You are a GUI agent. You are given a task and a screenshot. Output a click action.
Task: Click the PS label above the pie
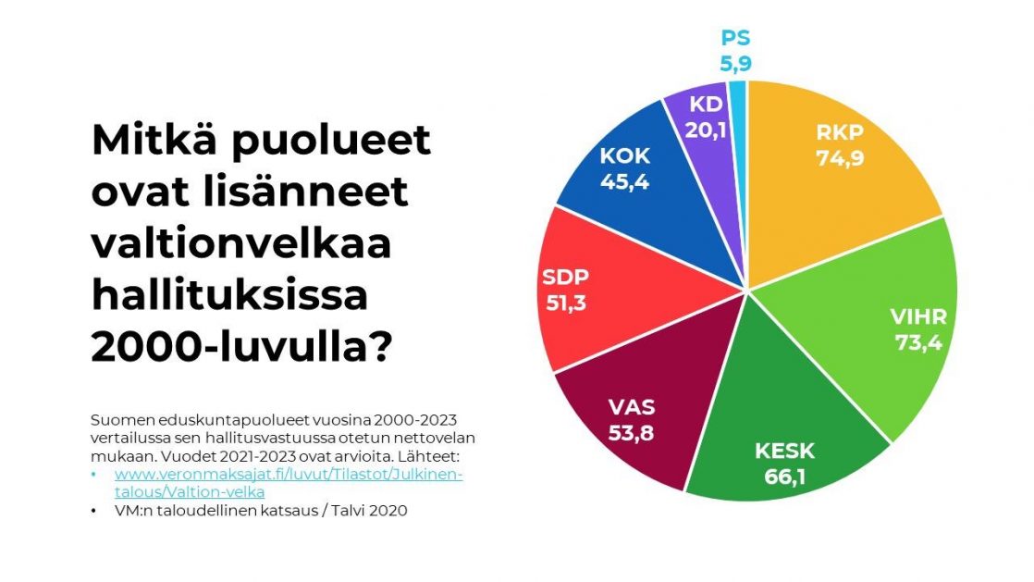[x=735, y=40]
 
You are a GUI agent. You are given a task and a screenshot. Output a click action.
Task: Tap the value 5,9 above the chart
[x=735, y=64]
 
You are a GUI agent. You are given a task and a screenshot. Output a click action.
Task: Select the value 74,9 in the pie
[x=840, y=158]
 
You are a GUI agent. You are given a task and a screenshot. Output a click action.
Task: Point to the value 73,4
[x=918, y=341]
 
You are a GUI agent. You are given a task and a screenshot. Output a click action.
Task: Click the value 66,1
[x=784, y=477]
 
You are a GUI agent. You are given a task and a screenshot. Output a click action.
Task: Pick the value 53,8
[x=632, y=431]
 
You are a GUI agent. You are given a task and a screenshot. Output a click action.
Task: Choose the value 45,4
[x=624, y=180]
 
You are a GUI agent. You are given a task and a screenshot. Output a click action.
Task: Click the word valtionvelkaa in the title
[x=240, y=245]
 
